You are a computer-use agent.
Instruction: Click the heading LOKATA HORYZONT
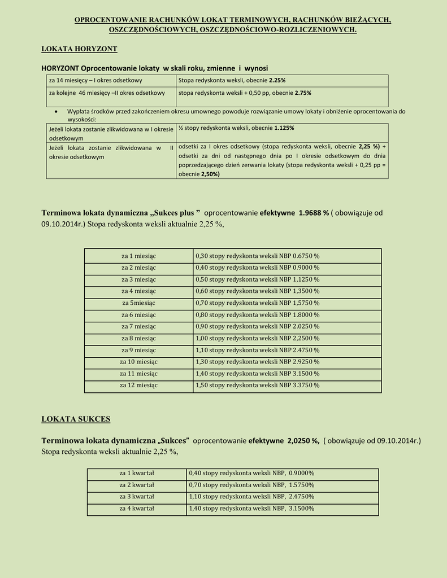tap(79, 49)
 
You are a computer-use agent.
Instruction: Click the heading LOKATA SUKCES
tap(76, 419)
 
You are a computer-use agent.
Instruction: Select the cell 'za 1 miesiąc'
tap(138, 256)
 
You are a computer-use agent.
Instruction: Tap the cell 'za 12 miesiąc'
tap(138, 385)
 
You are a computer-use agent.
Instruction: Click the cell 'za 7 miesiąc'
tap(138, 326)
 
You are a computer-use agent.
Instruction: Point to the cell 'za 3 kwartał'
tap(137, 497)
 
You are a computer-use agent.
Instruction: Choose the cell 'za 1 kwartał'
tap(137, 473)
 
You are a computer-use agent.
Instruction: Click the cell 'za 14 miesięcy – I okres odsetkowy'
tap(96, 81)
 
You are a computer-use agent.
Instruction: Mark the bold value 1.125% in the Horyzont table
tap(284, 128)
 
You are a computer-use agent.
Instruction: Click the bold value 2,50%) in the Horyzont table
tap(210, 174)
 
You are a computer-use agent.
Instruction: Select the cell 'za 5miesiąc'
tap(138, 303)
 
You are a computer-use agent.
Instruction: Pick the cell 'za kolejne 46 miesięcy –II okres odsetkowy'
tap(107, 93)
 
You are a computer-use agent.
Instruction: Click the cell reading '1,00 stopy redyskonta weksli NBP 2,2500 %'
tap(257, 338)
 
